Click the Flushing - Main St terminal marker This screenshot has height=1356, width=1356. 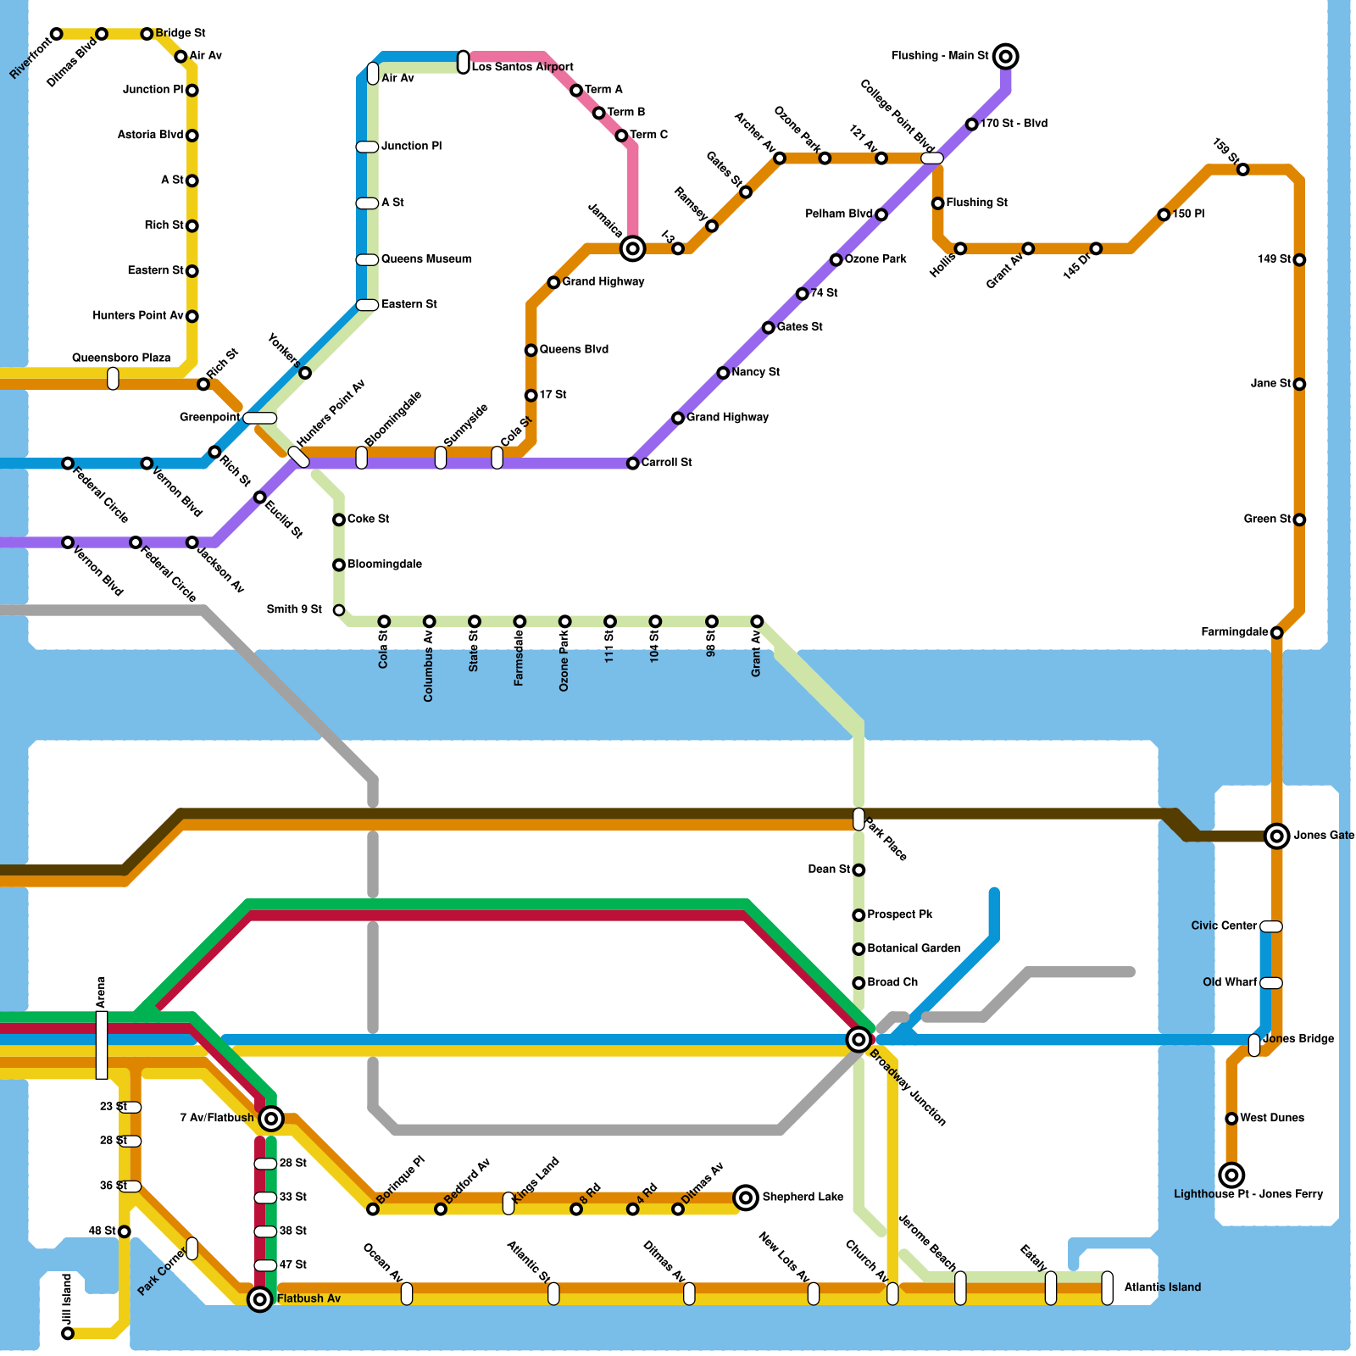coord(1005,57)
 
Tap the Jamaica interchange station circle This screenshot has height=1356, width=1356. coord(632,248)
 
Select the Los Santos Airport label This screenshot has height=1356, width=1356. coord(522,67)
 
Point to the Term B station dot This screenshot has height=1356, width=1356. coord(598,113)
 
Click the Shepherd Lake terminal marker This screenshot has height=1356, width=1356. coord(746,1198)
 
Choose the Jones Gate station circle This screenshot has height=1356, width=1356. coord(1276,836)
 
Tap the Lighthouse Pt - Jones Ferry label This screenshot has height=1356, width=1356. coord(1248,1194)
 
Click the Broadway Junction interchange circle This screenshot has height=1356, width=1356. coord(859,1040)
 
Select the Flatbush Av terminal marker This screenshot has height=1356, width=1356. coord(260,1299)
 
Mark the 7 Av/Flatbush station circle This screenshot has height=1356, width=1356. coord(271,1119)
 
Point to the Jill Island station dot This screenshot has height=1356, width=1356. coord(68,1333)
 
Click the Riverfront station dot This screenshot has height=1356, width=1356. coord(56,34)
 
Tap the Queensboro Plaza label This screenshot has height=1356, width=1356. coord(121,358)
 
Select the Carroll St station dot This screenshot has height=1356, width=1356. coord(632,464)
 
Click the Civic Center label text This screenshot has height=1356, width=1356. coord(1223,925)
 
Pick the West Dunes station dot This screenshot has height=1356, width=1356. coord(1231,1119)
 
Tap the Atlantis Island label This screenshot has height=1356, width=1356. coord(1162,1287)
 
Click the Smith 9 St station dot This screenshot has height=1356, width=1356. coord(339,610)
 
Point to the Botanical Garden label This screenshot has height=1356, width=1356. coord(914,948)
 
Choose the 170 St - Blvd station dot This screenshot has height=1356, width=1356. coord(971,125)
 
